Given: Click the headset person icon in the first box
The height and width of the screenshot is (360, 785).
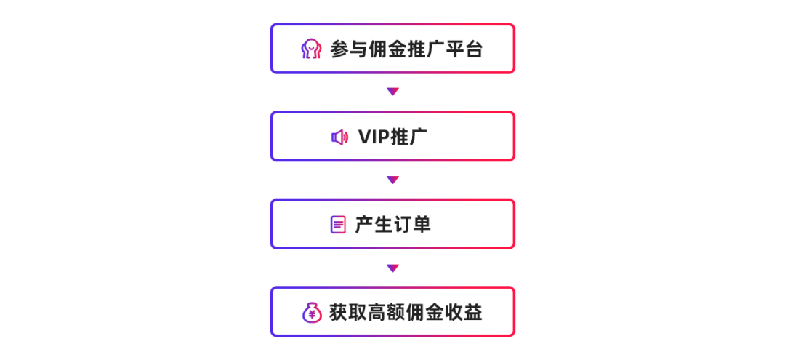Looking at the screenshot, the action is pos(311,49).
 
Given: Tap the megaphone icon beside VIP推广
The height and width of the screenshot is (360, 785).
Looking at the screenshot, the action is pos(339,137).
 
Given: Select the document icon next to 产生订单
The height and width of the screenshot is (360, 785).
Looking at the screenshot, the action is pos(338,225).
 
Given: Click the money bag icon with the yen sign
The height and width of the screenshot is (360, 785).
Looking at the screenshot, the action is pos(312,313).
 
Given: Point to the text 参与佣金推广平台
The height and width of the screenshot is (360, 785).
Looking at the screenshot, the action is pos(406,49).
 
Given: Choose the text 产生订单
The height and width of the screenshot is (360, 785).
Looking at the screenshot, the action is pos(392,225).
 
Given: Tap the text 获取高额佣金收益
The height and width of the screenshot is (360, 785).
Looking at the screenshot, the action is pos(406,313).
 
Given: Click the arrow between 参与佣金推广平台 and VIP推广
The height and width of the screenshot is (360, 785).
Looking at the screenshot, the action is pos(392,92).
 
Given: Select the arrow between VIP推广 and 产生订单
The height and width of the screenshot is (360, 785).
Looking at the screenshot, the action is pos(392,180).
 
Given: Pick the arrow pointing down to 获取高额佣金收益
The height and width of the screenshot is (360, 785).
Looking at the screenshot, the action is pos(392,268).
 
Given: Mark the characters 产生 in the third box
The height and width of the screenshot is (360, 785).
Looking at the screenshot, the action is pos(374,225).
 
